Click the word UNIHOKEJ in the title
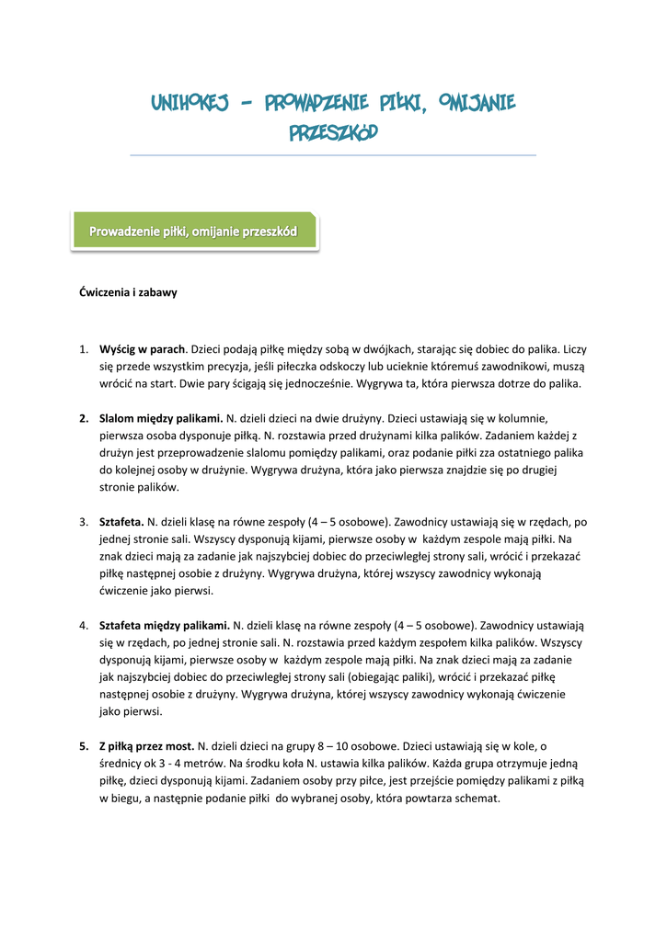190,101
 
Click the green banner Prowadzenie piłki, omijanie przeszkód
193,232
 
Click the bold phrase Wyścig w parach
143,349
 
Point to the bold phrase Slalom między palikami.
161,418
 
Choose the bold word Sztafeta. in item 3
121,521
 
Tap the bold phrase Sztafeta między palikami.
165,625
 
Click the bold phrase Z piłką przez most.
146,746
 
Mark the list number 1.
83,349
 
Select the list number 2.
83,418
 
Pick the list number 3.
83,521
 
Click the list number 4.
83,625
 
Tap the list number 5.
83,746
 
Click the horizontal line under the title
333,155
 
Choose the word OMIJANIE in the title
477,101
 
